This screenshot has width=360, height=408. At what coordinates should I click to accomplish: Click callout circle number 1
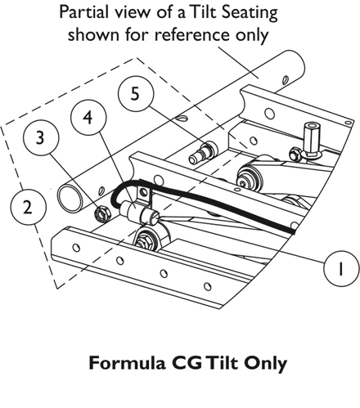[341, 268]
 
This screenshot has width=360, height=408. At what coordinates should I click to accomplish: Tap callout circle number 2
[28, 208]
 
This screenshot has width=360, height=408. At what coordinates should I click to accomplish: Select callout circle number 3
[41, 137]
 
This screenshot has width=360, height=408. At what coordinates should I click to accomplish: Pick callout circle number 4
[88, 118]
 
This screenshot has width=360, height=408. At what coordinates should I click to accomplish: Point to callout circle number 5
[136, 94]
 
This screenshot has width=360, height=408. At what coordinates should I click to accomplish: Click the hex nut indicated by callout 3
[102, 214]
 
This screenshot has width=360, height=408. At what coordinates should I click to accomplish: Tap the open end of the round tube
[70, 198]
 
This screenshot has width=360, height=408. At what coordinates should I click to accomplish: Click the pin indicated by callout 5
[203, 154]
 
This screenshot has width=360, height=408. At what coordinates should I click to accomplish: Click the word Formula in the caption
[127, 363]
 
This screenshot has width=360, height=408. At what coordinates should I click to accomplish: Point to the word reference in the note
[192, 35]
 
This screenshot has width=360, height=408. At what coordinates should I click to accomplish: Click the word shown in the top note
[93, 35]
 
